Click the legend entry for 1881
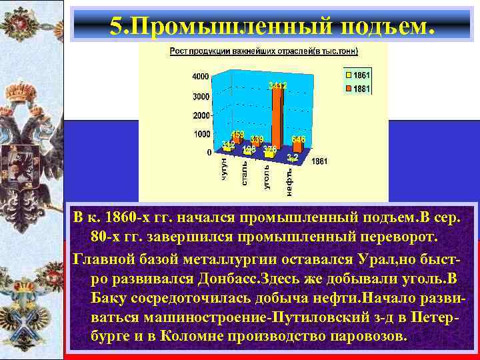358,89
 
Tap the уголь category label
266,176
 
